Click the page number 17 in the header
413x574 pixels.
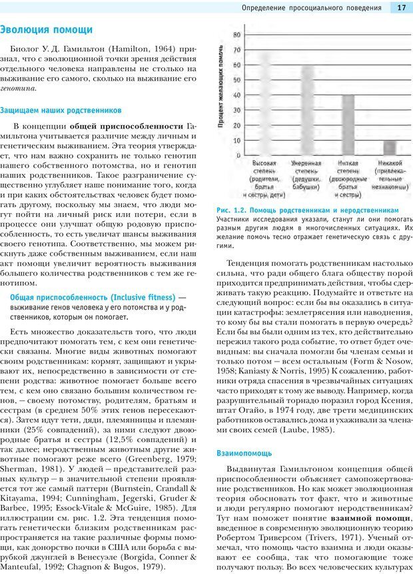tap(401, 8)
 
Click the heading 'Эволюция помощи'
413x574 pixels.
tap(46, 30)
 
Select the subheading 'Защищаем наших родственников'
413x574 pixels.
tap(61, 110)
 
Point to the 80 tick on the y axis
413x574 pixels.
tap(237, 35)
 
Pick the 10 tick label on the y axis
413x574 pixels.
tap(237, 141)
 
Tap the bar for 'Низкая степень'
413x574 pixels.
tap(348, 126)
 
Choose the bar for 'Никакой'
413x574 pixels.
tap(389, 148)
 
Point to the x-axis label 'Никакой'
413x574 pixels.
tap(389, 163)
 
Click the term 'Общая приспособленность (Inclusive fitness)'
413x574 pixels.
tap(93, 296)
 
